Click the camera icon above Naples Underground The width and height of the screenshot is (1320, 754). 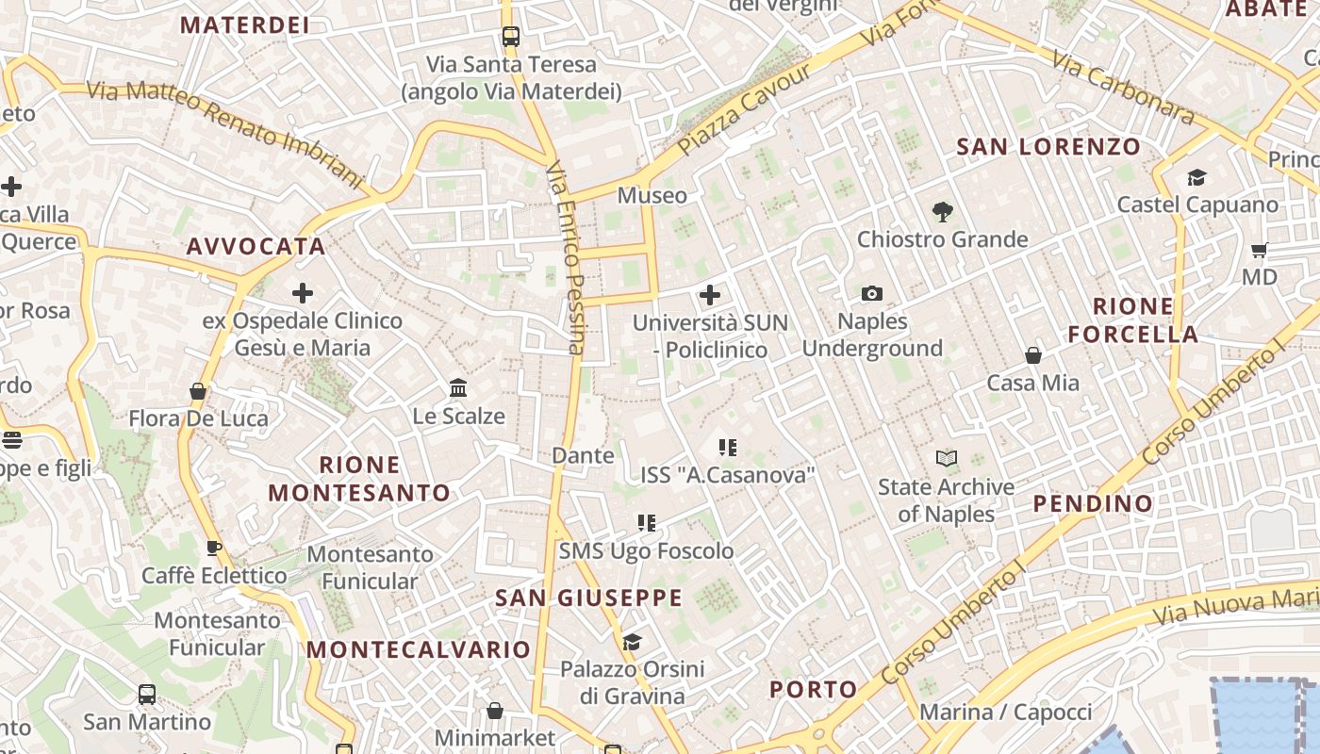pos(872,294)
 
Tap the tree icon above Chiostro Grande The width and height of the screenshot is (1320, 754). pos(941,212)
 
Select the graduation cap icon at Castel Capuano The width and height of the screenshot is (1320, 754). pos(1196,177)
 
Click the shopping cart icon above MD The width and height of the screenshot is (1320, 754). pos(1259,250)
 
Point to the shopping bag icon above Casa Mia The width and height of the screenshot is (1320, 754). pos(1033,355)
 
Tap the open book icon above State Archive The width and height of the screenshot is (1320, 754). pos(946,459)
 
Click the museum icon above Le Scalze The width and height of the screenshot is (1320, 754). pos(458,387)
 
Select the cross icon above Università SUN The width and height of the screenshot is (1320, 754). pos(710,295)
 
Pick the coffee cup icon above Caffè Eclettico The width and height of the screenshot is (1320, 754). pos(214,548)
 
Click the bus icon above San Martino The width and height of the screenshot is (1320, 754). pos(147,695)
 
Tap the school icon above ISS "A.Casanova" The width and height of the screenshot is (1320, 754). pos(727,447)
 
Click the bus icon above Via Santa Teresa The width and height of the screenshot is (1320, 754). pos(510,37)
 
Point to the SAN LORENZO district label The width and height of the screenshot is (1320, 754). pos(1048,147)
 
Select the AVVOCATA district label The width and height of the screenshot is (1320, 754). pos(256,247)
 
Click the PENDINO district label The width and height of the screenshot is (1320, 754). pos(1093,503)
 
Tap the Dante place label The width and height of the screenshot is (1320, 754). pos(583,456)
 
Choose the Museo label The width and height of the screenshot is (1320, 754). pos(652,196)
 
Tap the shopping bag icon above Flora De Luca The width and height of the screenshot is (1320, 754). pos(198,390)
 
